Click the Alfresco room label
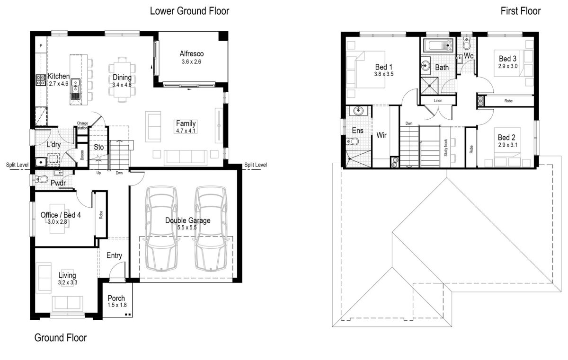click(x=191, y=54)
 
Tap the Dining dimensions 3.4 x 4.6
click(x=122, y=85)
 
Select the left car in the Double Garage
click(x=161, y=229)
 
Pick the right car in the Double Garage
click(x=211, y=229)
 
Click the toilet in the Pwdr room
click(x=41, y=179)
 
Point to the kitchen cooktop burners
click(x=40, y=80)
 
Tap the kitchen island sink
click(x=75, y=85)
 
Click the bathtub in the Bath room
click(x=438, y=45)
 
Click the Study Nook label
click(x=445, y=148)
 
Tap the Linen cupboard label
click(x=438, y=101)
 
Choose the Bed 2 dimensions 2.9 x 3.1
click(x=507, y=145)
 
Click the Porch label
click(x=116, y=298)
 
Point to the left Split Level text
click(x=17, y=165)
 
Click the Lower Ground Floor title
click(x=189, y=11)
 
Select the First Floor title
click(x=521, y=11)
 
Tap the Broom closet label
click(x=82, y=155)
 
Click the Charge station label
click(x=82, y=125)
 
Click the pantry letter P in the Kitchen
click(x=41, y=45)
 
